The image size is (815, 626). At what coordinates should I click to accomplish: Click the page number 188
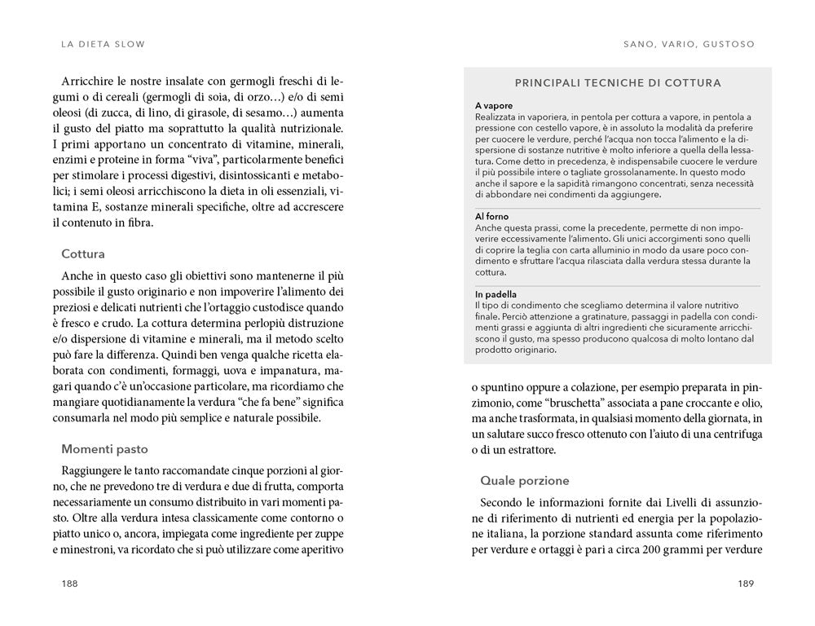(x=70, y=584)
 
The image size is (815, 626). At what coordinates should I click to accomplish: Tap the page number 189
(x=747, y=584)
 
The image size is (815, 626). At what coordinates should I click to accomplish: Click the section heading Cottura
(x=82, y=253)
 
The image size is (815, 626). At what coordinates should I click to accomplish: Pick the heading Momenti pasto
(x=104, y=448)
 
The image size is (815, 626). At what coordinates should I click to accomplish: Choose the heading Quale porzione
(x=524, y=480)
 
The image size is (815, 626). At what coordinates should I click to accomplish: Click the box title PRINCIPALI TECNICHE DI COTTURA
(x=618, y=83)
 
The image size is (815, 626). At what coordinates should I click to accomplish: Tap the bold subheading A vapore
(x=494, y=107)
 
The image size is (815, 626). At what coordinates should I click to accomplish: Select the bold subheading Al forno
(x=491, y=217)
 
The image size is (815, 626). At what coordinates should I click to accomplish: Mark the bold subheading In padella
(x=496, y=293)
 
